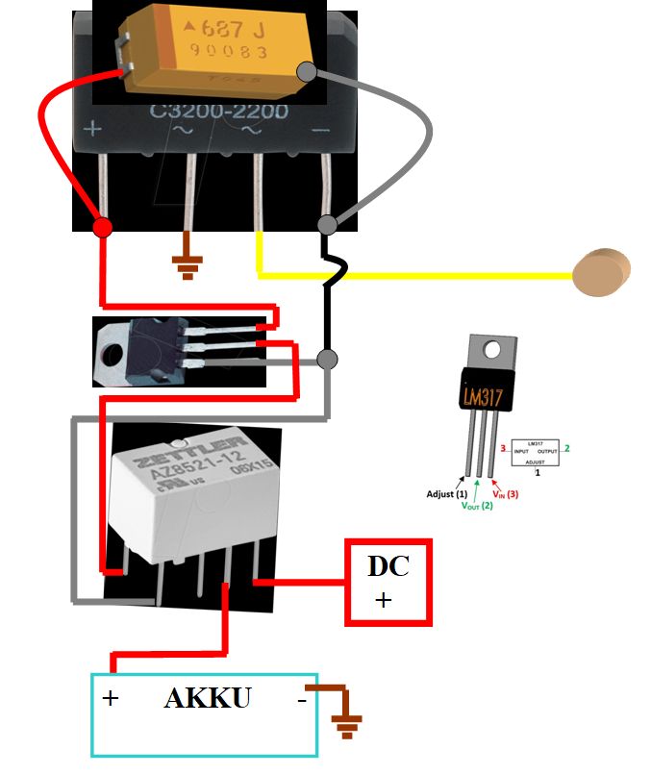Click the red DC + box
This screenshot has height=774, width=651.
[388, 583]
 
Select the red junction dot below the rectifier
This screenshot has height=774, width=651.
[102, 227]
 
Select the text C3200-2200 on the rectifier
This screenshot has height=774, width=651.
[218, 112]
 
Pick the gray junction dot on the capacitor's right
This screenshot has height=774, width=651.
[307, 70]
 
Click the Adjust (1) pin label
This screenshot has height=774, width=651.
[447, 494]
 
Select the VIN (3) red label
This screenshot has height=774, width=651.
[506, 494]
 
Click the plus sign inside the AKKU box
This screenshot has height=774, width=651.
[111, 699]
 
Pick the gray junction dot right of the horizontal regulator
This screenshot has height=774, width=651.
[327, 360]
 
